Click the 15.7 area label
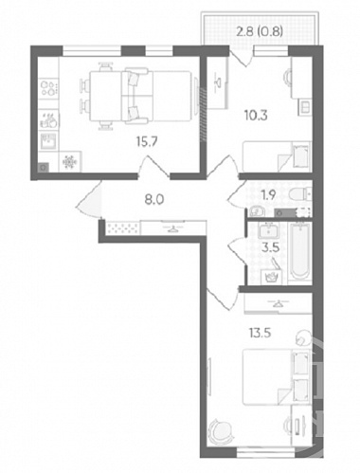(x=147, y=142)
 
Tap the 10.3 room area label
(x=256, y=116)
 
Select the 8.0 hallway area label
(x=154, y=200)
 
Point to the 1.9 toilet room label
(x=268, y=195)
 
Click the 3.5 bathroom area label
(x=271, y=247)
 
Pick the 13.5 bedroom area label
(x=260, y=333)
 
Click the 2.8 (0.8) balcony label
(x=260, y=31)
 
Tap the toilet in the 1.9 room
(x=300, y=194)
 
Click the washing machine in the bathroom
(x=271, y=277)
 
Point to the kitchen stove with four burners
(x=48, y=88)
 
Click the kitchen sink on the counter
(x=48, y=141)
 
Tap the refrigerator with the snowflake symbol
(x=70, y=162)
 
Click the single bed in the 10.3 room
(x=277, y=157)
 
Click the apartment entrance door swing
(x=89, y=200)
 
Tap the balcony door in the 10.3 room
(x=242, y=58)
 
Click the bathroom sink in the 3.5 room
(x=268, y=229)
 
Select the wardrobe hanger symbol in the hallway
(x=172, y=228)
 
